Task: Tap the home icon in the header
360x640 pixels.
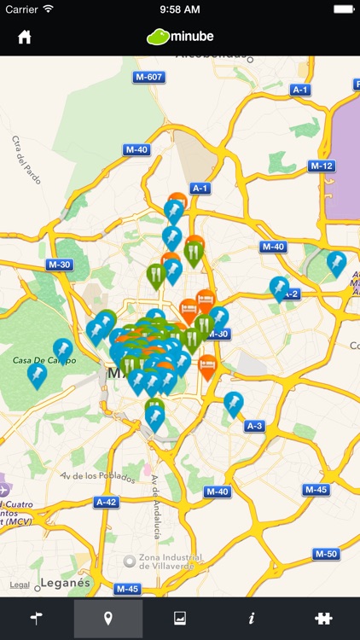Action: pyautogui.click(x=25, y=38)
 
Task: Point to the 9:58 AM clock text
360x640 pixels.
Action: pyautogui.click(x=179, y=9)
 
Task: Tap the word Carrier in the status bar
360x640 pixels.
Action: pyautogui.click(x=22, y=9)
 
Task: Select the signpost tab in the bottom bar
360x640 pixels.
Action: pyautogui.click(x=36, y=619)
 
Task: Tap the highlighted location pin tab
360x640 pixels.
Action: pyautogui.click(x=107, y=619)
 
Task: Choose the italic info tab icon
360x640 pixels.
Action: pyautogui.click(x=252, y=619)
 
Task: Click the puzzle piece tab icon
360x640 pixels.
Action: pyautogui.click(x=323, y=619)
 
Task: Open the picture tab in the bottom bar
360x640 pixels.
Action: pyautogui.click(x=180, y=619)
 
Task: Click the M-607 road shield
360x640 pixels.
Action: pyautogui.click(x=148, y=78)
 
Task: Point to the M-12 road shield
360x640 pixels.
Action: pyautogui.click(x=321, y=166)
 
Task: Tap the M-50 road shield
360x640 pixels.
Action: pyautogui.click(x=326, y=554)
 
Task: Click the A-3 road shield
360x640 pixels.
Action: pyautogui.click(x=254, y=426)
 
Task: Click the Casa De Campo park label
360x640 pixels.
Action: pyautogui.click(x=44, y=361)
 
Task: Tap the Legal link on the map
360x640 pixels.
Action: pyautogui.click(x=20, y=585)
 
